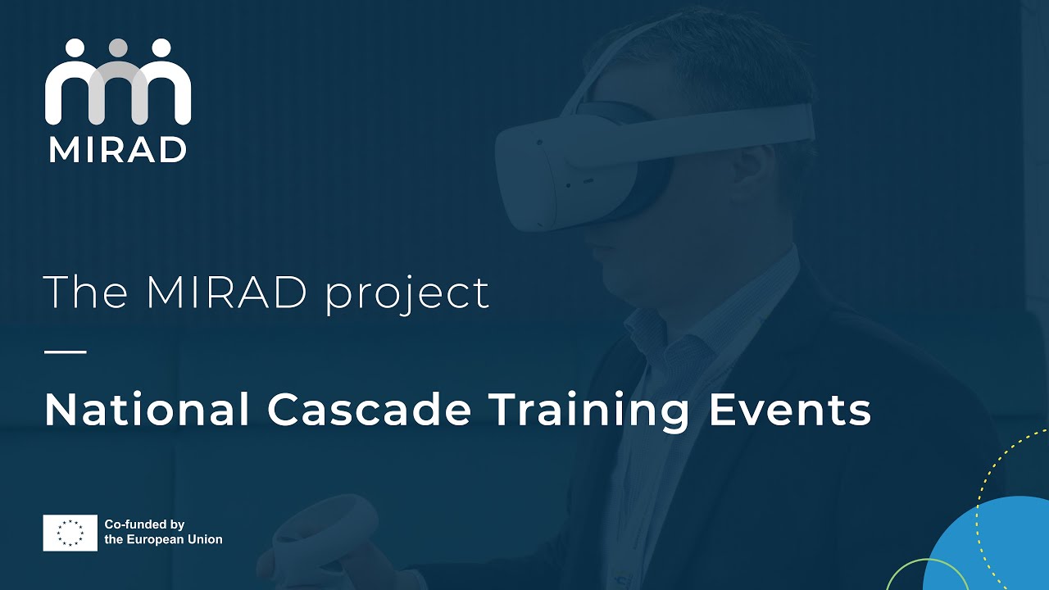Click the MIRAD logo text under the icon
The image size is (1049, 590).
coord(117,149)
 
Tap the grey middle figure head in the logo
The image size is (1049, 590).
coord(118,48)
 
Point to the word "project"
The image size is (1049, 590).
coord(407,295)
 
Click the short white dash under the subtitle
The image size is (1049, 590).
coord(65,352)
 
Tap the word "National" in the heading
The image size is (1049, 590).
coord(147,410)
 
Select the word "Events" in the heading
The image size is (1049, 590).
coord(789,410)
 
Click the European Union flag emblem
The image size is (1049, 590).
coord(70,533)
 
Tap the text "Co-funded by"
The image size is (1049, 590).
coord(144,524)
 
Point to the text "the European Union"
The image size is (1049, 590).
coord(163,539)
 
